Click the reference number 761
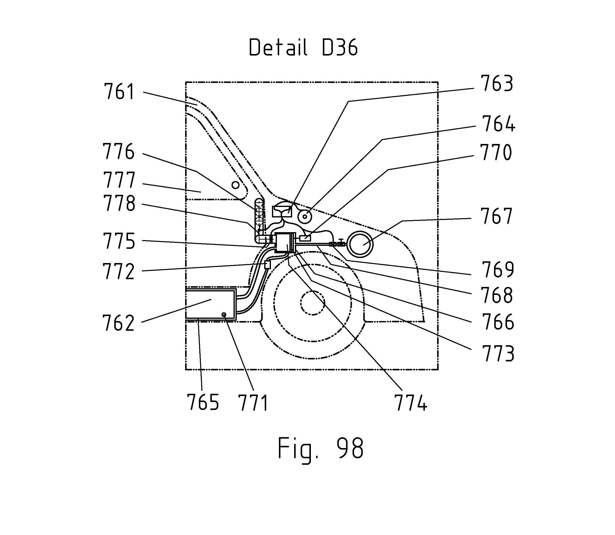(119, 92)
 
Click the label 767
(496, 216)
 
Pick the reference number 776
(119, 151)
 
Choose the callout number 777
(119, 180)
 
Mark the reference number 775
(119, 241)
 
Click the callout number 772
(119, 271)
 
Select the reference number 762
(119, 323)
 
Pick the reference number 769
(498, 269)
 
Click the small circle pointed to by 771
(223, 314)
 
